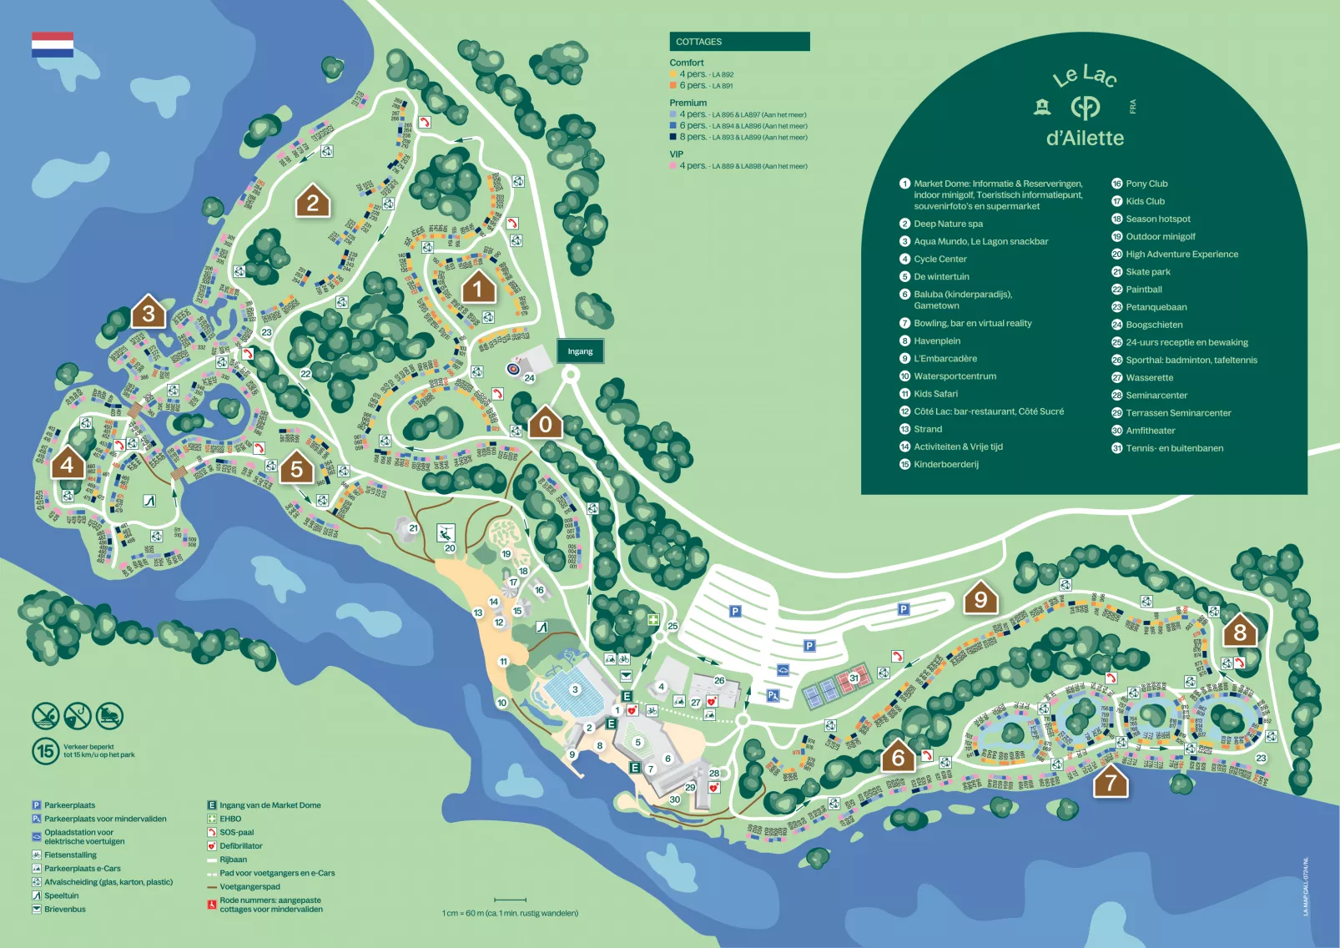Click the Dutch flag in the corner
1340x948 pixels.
point(53,44)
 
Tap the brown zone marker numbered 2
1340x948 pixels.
point(313,201)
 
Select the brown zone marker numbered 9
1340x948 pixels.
point(980,598)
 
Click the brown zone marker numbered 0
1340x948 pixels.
point(545,423)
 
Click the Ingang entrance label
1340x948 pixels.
point(580,351)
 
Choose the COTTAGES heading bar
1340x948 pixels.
point(739,42)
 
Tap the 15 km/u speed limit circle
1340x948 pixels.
point(45,751)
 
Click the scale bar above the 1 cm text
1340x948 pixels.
point(510,900)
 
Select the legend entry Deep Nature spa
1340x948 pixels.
point(948,224)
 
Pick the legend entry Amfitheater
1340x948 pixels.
point(1150,431)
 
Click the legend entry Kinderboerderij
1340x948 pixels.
point(946,464)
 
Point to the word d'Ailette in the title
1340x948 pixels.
point(1085,138)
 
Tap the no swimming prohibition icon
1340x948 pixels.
point(45,715)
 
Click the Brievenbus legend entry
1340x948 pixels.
point(65,910)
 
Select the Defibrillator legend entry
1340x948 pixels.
point(240,846)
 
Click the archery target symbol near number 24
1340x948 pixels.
point(514,368)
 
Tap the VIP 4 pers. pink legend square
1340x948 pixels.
point(673,166)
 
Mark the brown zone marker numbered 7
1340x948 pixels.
point(1110,782)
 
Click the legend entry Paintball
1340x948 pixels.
point(1143,290)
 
